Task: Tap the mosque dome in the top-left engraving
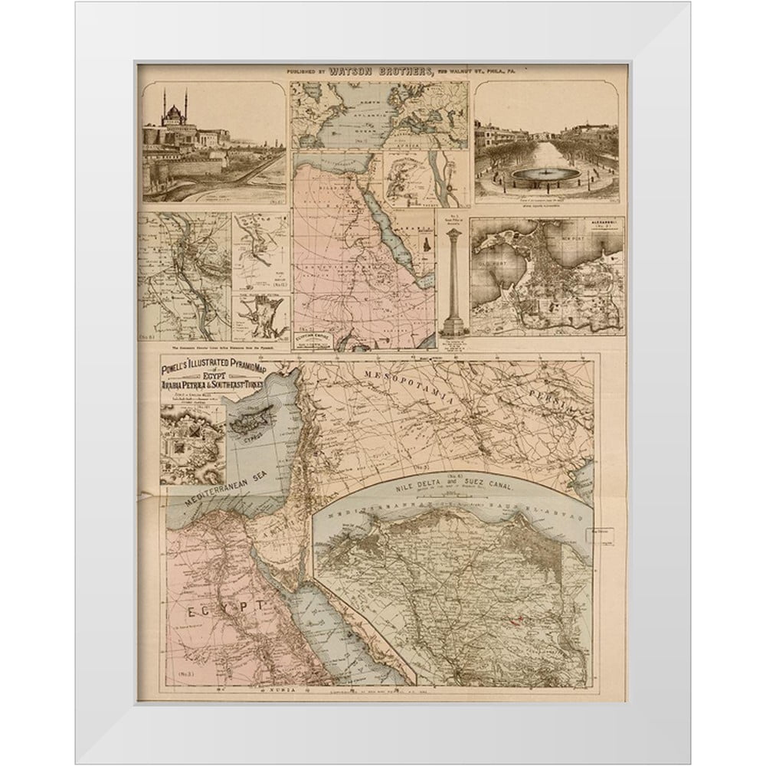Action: point(175,115)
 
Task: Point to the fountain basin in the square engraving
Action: point(545,175)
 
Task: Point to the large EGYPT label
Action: point(222,605)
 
